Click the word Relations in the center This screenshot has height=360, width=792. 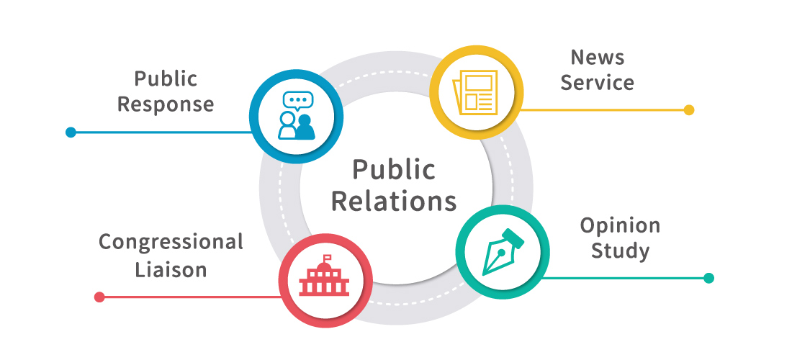coord(394,200)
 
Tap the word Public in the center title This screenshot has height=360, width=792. coord(394,170)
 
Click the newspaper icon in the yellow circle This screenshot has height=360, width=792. coord(475,92)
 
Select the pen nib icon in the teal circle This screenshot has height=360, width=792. coord(502,252)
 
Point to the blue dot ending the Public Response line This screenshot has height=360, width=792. coord(71,132)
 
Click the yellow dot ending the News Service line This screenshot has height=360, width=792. coord(689,110)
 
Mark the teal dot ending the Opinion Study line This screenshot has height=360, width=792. coord(708,278)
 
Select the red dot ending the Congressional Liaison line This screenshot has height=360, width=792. coord(99,297)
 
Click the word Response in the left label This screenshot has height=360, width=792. coord(166,104)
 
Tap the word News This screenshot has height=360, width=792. coord(598,57)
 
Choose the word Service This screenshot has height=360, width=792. coord(598,82)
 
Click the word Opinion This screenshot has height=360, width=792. coord(620,225)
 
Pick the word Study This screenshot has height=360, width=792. coord(620,251)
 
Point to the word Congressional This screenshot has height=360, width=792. coord(171,242)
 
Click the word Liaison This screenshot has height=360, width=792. coord(171,269)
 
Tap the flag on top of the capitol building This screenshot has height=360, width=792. coord(328,256)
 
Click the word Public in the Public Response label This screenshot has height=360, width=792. coord(166,78)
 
